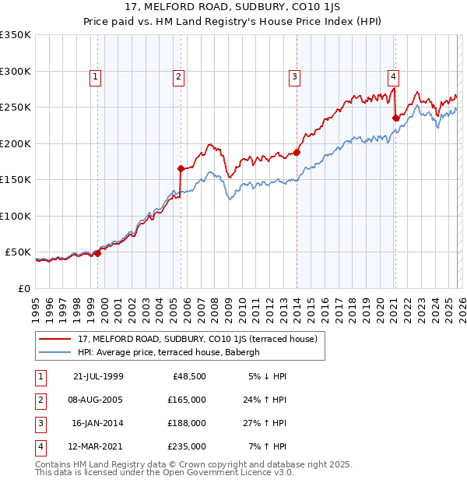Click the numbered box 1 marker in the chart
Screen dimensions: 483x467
[95, 76]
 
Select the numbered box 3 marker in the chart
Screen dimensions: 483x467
[295, 76]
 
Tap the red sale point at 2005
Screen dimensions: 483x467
[181, 168]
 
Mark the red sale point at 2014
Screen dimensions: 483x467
[297, 153]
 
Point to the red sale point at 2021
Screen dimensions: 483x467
[395, 118]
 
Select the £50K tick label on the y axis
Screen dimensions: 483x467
[18, 252]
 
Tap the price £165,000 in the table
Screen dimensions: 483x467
[187, 400]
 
